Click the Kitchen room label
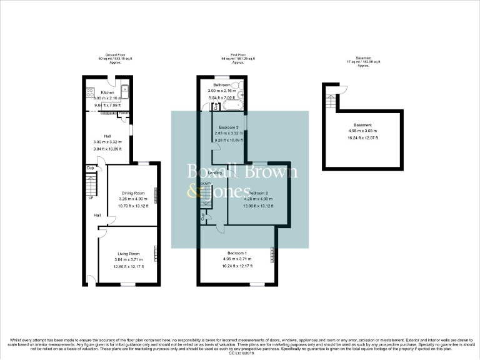point(99,92)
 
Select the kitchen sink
point(125,91)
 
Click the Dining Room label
point(133,192)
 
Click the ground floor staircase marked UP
point(91,186)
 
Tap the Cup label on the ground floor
point(90,168)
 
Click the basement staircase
point(327,99)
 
